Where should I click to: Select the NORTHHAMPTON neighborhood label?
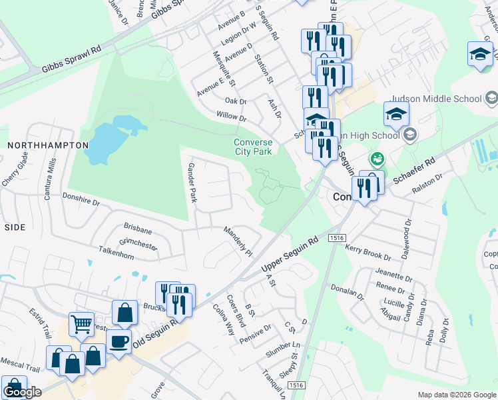point(48,145)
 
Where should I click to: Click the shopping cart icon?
point(82,325)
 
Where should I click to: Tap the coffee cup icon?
point(119,341)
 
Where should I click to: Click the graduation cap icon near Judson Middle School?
point(396,113)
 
